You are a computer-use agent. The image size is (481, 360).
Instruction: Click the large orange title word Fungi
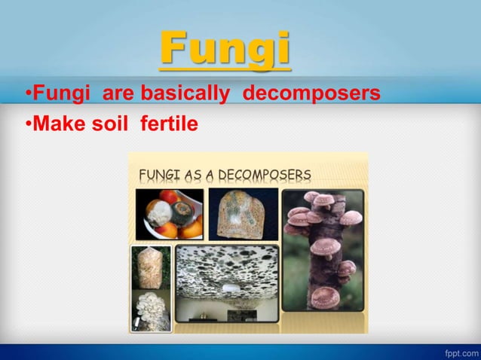(225, 49)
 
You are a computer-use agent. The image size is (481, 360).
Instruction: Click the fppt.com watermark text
(461, 352)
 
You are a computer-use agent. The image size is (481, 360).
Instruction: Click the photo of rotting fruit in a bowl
(170, 214)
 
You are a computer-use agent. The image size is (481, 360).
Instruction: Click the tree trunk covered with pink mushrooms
(326, 256)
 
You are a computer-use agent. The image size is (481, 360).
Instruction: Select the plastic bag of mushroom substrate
(151, 267)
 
